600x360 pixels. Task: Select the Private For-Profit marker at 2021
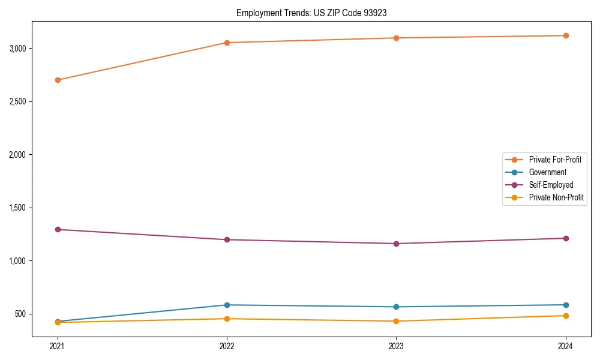[58, 80]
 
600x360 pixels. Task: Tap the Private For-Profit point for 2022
[227, 43]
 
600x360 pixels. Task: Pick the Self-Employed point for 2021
[58, 229]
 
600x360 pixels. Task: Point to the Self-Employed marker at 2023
[396, 244]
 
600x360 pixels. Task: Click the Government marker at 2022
[227, 305]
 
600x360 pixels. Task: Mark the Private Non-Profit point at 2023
[396, 321]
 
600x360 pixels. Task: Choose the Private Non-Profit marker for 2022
[227, 319]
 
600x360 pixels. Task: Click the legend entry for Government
[547, 172]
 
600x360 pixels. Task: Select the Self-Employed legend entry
[551, 185]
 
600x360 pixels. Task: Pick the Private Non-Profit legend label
[556, 197]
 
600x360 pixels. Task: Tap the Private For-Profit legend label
[555, 160]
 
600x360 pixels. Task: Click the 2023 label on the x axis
[396, 346]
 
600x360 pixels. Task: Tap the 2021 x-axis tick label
[58, 346]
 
